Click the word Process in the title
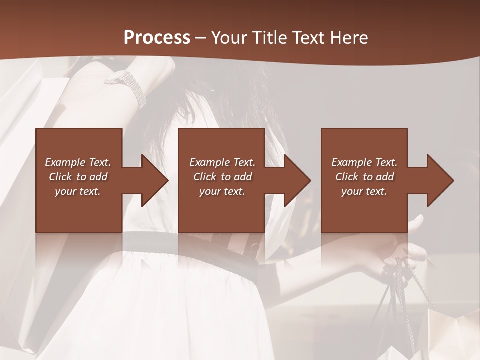tap(157, 37)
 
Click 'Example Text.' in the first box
tap(78, 162)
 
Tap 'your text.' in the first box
tap(78, 191)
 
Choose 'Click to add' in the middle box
tap(222, 177)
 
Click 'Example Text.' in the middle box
tap(222, 162)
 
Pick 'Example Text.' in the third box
tap(364, 162)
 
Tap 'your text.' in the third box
tap(364, 191)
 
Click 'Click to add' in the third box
tap(364, 177)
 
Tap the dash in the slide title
tap(201, 38)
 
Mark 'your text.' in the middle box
tap(222, 191)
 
